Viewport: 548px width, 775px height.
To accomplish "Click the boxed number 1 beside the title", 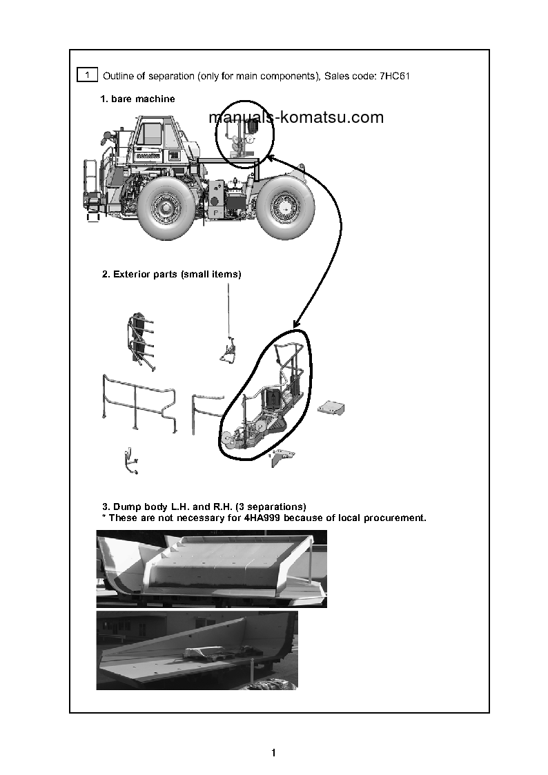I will click(x=87, y=74).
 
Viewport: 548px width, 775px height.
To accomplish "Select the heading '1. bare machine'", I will click(x=137, y=99).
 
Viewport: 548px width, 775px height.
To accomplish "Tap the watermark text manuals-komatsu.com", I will click(x=296, y=117).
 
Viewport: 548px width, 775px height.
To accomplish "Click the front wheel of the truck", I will click(x=166, y=206).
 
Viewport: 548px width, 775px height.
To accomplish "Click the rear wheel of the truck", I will click(x=282, y=205).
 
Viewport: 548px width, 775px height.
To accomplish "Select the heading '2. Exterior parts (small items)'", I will click(x=171, y=274).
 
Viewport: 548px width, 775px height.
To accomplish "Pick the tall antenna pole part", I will click(x=227, y=324).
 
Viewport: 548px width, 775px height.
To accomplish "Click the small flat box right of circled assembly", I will click(x=331, y=408).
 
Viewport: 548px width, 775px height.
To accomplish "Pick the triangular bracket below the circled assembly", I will click(x=283, y=457).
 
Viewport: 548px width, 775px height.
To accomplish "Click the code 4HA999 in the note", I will click(x=263, y=518).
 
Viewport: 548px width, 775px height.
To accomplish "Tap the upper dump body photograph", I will click(x=211, y=569).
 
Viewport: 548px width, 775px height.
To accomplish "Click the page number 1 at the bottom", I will click(x=274, y=752).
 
